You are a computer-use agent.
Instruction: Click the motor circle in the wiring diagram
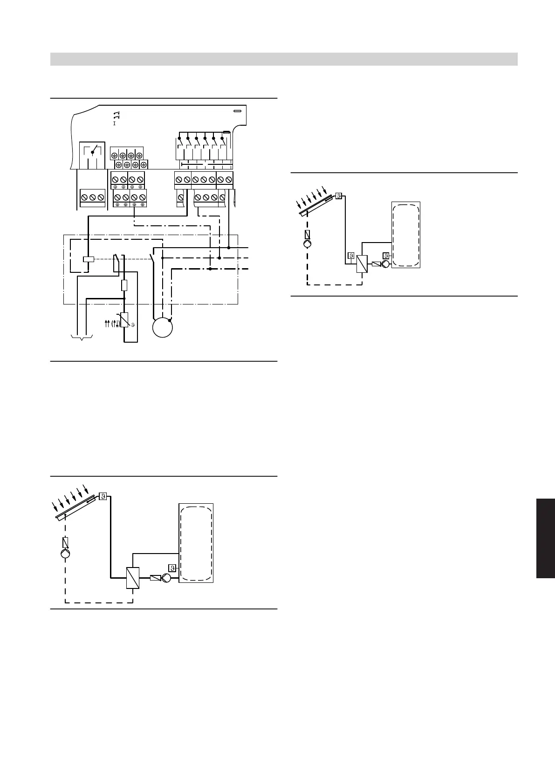163,327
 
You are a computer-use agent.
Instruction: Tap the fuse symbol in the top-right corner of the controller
237,111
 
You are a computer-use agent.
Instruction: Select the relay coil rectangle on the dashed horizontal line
88,259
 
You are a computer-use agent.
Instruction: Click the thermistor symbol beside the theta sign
124,320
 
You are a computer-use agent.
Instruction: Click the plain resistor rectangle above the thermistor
124,286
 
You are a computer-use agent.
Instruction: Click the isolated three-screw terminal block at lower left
92,197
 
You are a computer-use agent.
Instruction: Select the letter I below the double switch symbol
114,123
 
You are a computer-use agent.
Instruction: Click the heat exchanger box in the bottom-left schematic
133,578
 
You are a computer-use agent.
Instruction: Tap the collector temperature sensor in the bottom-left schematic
103,496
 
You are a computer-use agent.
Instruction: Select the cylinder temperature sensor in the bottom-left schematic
172,568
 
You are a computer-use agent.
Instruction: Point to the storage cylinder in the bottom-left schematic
196,542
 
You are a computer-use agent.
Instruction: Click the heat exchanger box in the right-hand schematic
362,264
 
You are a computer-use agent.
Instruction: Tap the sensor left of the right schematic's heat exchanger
351,256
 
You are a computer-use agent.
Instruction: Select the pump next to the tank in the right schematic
386,264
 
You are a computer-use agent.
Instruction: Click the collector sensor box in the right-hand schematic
339,196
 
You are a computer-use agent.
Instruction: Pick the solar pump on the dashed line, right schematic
307,243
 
